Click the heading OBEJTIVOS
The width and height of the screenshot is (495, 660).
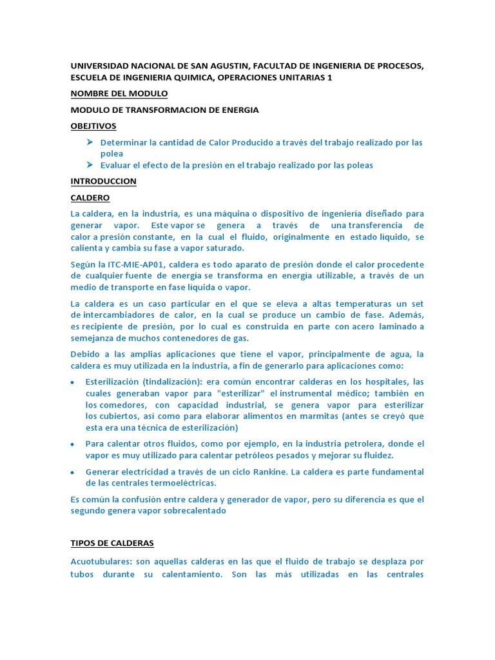click(x=93, y=126)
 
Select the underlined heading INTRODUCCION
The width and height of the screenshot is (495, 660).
click(x=103, y=181)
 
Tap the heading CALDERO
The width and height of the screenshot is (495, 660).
click(x=90, y=197)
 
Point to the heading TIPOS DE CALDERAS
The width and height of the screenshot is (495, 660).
click(x=112, y=543)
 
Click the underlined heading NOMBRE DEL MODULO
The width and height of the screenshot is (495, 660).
click(x=119, y=93)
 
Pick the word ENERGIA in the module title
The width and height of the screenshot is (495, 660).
click(x=239, y=110)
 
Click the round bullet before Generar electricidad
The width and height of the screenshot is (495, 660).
click(x=73, y=472)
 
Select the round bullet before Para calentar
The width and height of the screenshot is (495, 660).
click(x=73, y=444)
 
